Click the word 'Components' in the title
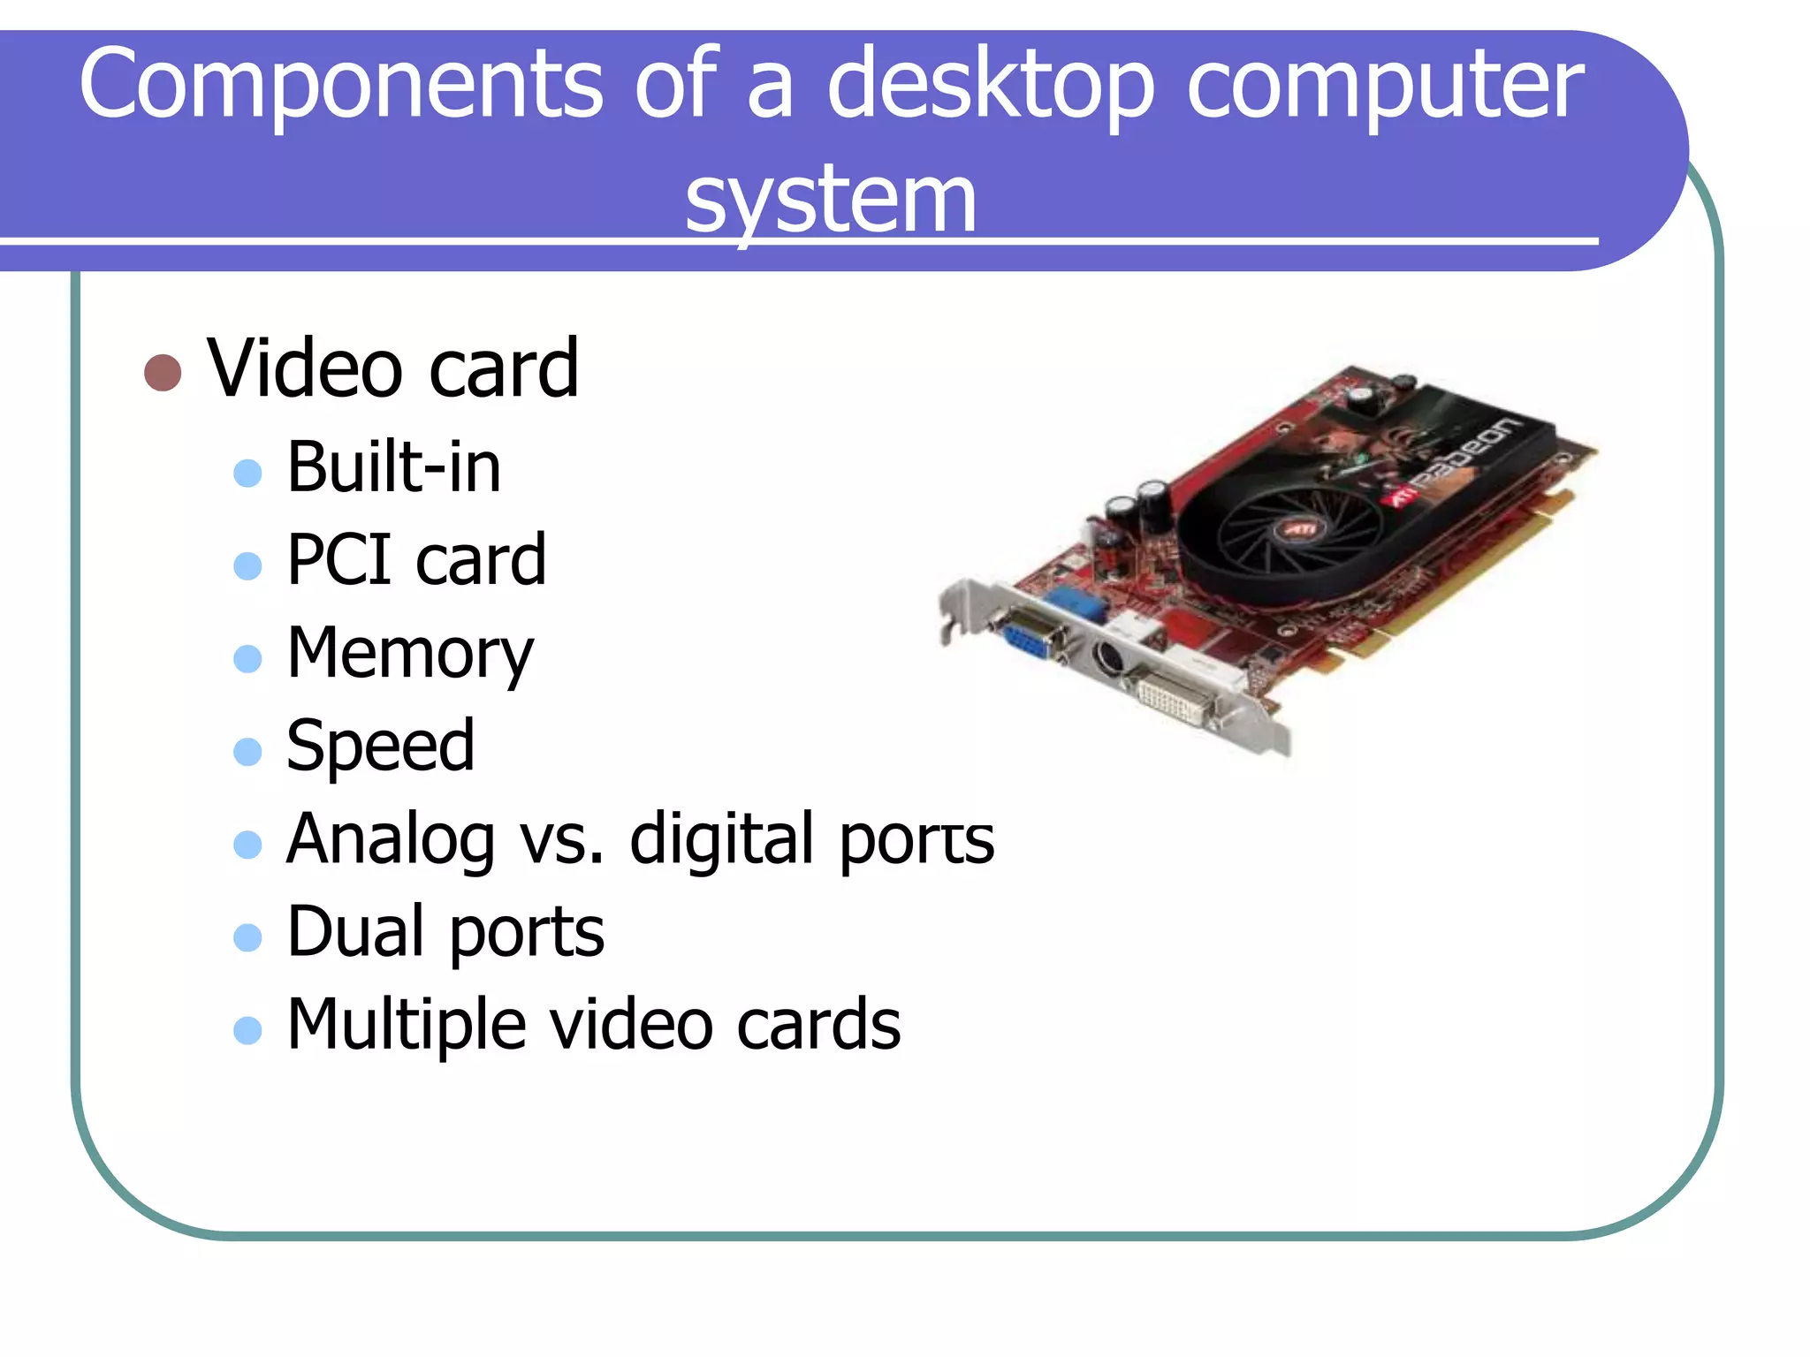tap(339, 85)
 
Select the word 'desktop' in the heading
tap(990, 85)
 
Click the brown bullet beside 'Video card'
tap(163, 373)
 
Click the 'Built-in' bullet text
tap(394, 466)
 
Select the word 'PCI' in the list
tap(339, 559)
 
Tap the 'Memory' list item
tap(410, 655)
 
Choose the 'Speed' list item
tap(381, 746)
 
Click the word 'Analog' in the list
tap(390, 840)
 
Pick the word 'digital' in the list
tap(721, 838)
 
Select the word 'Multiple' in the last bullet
tap(407, 1025)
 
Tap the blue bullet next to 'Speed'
tap(247, 752)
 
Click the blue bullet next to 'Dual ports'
tap(247, 937)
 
